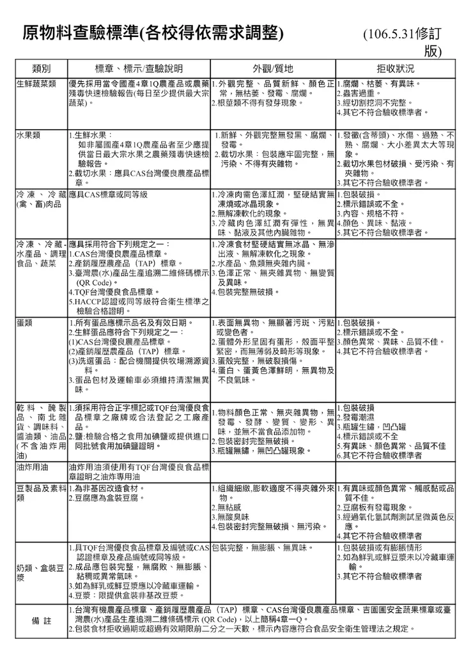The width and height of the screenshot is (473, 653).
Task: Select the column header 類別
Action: tap(41, 69)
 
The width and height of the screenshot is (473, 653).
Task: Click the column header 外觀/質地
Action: tap(272, 69)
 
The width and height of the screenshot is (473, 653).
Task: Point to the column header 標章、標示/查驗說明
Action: tap(139, 69)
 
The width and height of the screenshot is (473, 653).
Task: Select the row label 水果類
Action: tap(29, 135)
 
